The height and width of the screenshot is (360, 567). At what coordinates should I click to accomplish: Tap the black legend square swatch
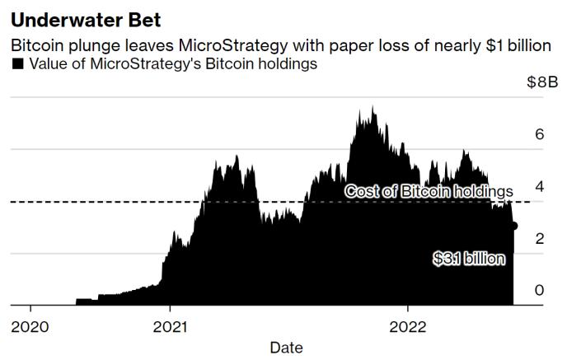[17, 64]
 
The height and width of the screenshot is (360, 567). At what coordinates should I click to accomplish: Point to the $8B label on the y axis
[541, 82]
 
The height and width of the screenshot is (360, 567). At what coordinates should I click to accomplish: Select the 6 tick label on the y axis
[540, 133]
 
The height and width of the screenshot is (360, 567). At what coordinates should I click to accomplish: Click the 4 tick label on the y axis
[540, 186]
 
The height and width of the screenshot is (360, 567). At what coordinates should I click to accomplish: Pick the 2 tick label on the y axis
[540, 238]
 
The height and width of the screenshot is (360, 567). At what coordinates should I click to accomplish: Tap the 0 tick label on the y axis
[540, 290]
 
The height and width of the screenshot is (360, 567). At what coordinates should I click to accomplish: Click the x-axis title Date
[286, 348]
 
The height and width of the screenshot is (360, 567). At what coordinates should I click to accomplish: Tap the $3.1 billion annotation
[469, 259]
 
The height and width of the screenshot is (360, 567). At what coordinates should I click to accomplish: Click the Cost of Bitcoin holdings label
[429, 191]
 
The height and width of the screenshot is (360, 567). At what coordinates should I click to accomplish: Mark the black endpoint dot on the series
[513, 226]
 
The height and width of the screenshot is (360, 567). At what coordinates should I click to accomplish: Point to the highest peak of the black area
[373, 107]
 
